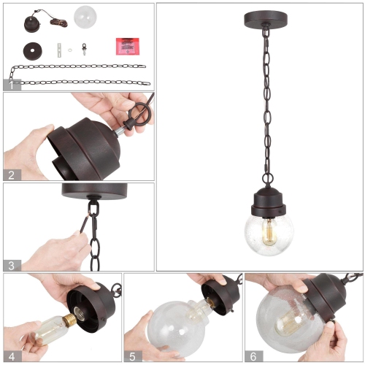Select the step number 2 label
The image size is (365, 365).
point(10,174)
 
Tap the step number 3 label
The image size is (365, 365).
point(10,266)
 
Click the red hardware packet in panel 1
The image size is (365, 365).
point(127,45)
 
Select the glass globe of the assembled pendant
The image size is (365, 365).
point(264,234)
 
